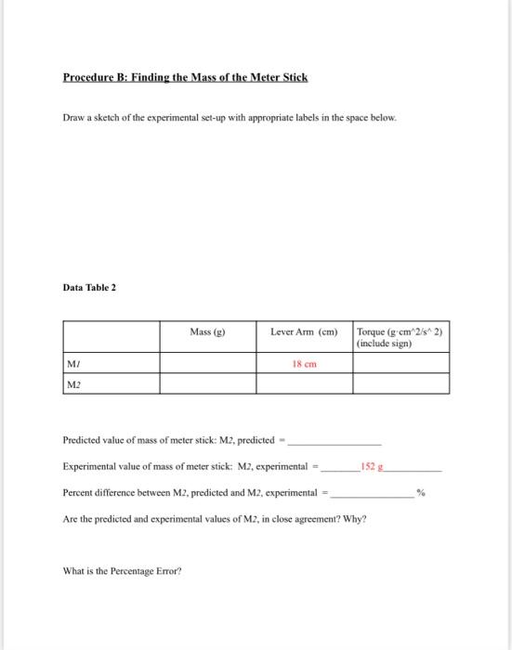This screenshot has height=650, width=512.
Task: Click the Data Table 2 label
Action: pos(88,288)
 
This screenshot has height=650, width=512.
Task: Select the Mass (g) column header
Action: pos(205,331)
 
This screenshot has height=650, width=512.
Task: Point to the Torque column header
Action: pos(400,337)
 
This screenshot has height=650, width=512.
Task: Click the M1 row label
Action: pos(72,363)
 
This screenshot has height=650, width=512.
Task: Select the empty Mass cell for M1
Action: pos(205,363)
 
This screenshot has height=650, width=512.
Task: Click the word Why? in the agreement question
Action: pos(355,518)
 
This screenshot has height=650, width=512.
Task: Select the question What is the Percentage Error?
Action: pos(121,570)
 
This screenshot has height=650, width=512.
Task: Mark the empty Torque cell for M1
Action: pos(400,363)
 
